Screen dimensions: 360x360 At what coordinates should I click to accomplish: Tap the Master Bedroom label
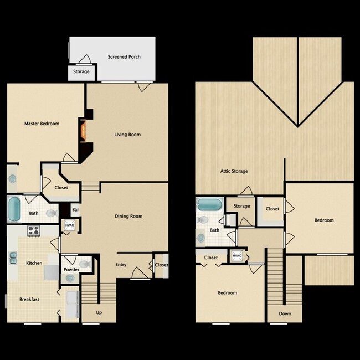coord(42,124)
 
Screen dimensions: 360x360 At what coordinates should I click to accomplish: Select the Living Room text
coord(127,135)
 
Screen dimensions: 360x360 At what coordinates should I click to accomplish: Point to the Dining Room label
coord(128,216)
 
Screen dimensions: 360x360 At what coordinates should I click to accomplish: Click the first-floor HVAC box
coord(70,225)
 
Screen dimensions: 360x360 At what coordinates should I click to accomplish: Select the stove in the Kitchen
coord(33,231)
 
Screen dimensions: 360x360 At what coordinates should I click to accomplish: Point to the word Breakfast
coord(28,300)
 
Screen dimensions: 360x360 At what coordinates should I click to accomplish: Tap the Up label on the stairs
coord(99,313)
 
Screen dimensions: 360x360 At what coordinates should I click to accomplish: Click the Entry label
coord(121,265)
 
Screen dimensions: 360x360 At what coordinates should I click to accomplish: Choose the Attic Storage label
coord(234,171)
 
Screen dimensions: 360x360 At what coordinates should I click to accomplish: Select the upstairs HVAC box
coord(237,256)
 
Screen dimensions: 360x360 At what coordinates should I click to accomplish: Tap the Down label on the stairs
coord(285,313)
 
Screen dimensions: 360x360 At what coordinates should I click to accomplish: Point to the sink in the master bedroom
coord(12,178)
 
